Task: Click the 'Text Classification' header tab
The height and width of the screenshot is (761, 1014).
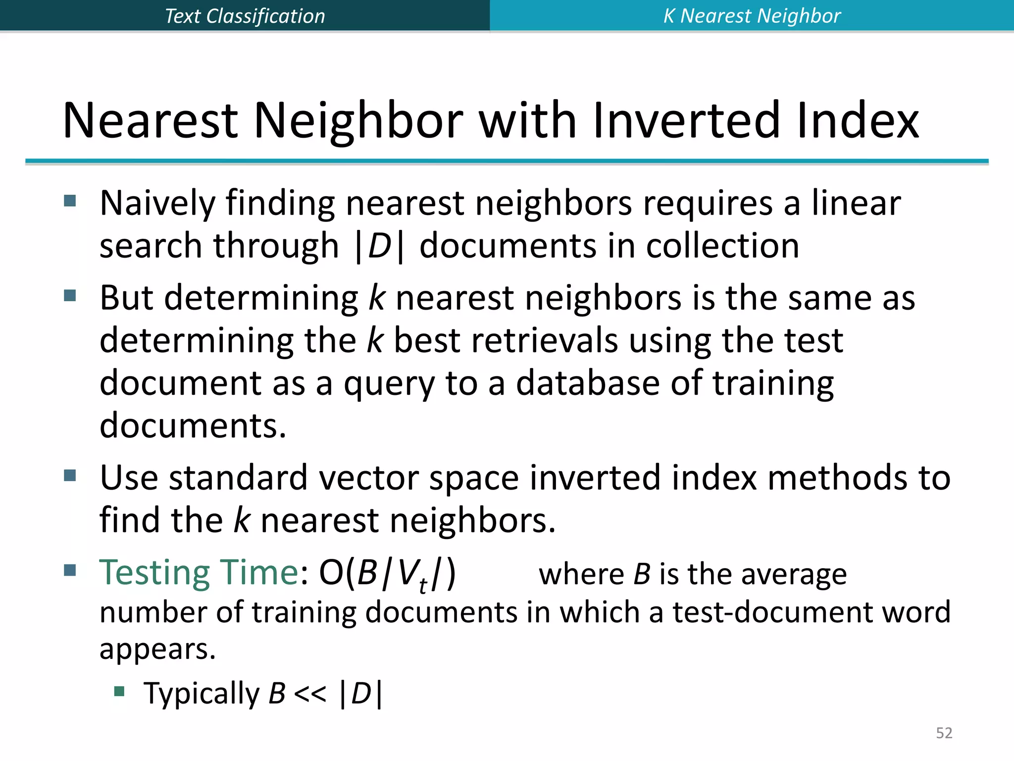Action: [x=245, y=16]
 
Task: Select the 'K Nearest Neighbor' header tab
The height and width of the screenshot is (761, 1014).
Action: [x=752, y=16]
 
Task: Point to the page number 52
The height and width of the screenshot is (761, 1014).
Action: [x=944, y=733]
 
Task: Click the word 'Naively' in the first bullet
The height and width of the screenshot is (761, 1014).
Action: [x=157, y=204]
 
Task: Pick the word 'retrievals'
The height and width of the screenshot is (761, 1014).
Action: [x=545, y=341]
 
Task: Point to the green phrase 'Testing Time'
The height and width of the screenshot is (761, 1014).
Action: [x=199, y=573]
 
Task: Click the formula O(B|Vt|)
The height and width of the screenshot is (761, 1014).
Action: [x=387, y=575]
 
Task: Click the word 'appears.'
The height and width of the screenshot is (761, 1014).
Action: [x=157, y=650]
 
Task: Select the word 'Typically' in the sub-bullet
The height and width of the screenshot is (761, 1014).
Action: [x=202, y=694]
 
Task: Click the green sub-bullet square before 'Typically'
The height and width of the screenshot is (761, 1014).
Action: [x=119, y=691]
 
